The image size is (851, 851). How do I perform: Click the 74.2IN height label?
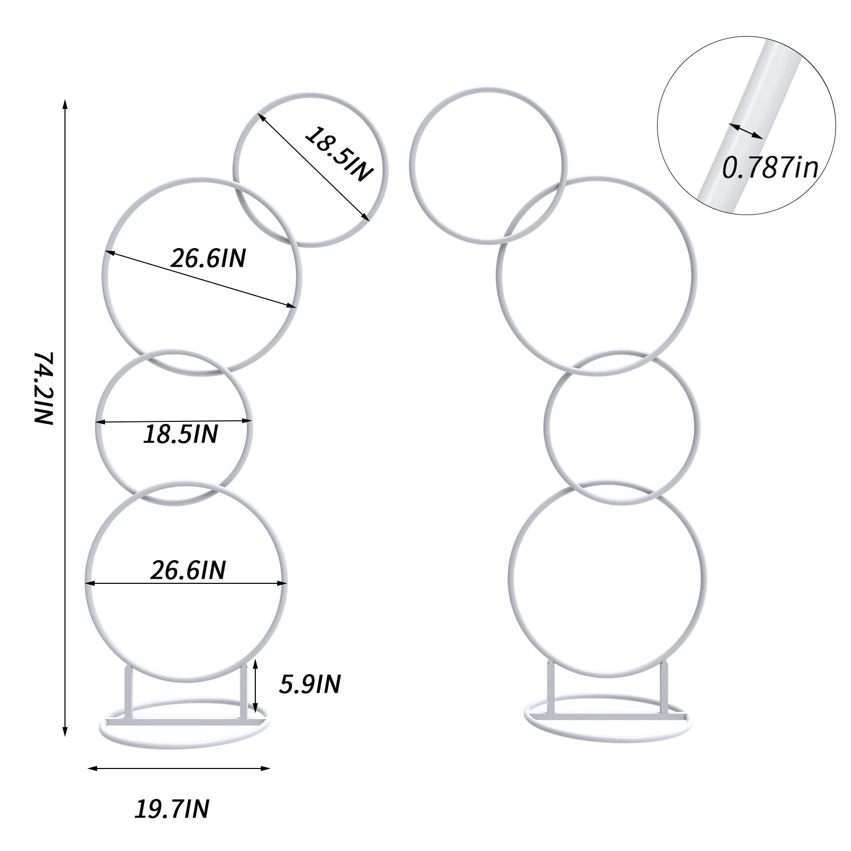[x=44, y=388]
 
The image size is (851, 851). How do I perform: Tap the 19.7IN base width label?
[x=172, y=809]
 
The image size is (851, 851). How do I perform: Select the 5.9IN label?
[x=309, y=684]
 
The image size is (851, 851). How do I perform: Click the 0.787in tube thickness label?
[x=769, y=167]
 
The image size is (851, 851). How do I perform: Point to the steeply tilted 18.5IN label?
[x=338, y=153]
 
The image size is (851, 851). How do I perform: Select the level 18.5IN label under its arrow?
[x=181, y=434]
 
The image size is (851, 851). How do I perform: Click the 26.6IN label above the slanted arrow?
[x=208, y=258]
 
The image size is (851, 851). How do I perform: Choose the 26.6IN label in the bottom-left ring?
[x=188, y=570]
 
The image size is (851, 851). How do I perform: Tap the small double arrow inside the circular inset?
[x=745, y=130]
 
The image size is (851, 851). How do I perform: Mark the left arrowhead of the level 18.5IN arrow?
[x=99, y=422]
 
